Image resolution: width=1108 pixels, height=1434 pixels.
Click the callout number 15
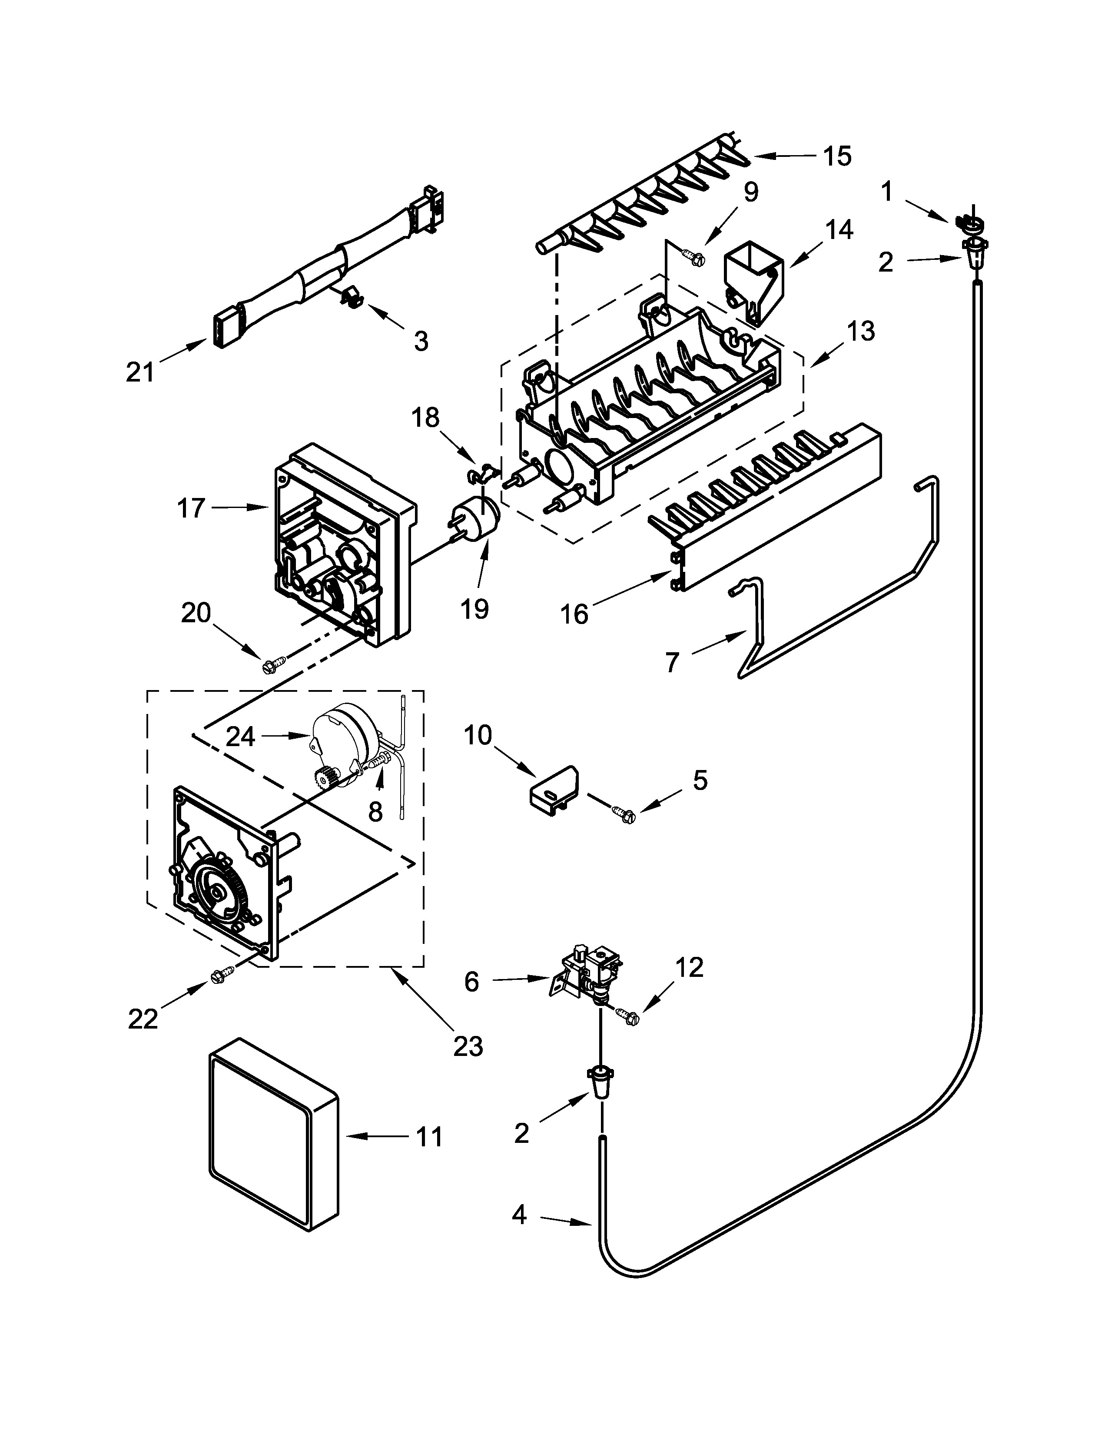(838, 156)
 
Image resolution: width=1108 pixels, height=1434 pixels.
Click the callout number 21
(140, 373)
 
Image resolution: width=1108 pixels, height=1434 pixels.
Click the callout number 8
(375, 812)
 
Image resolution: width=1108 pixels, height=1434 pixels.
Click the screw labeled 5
(623, 814)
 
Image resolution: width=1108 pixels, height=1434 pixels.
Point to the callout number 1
(887, 193)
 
